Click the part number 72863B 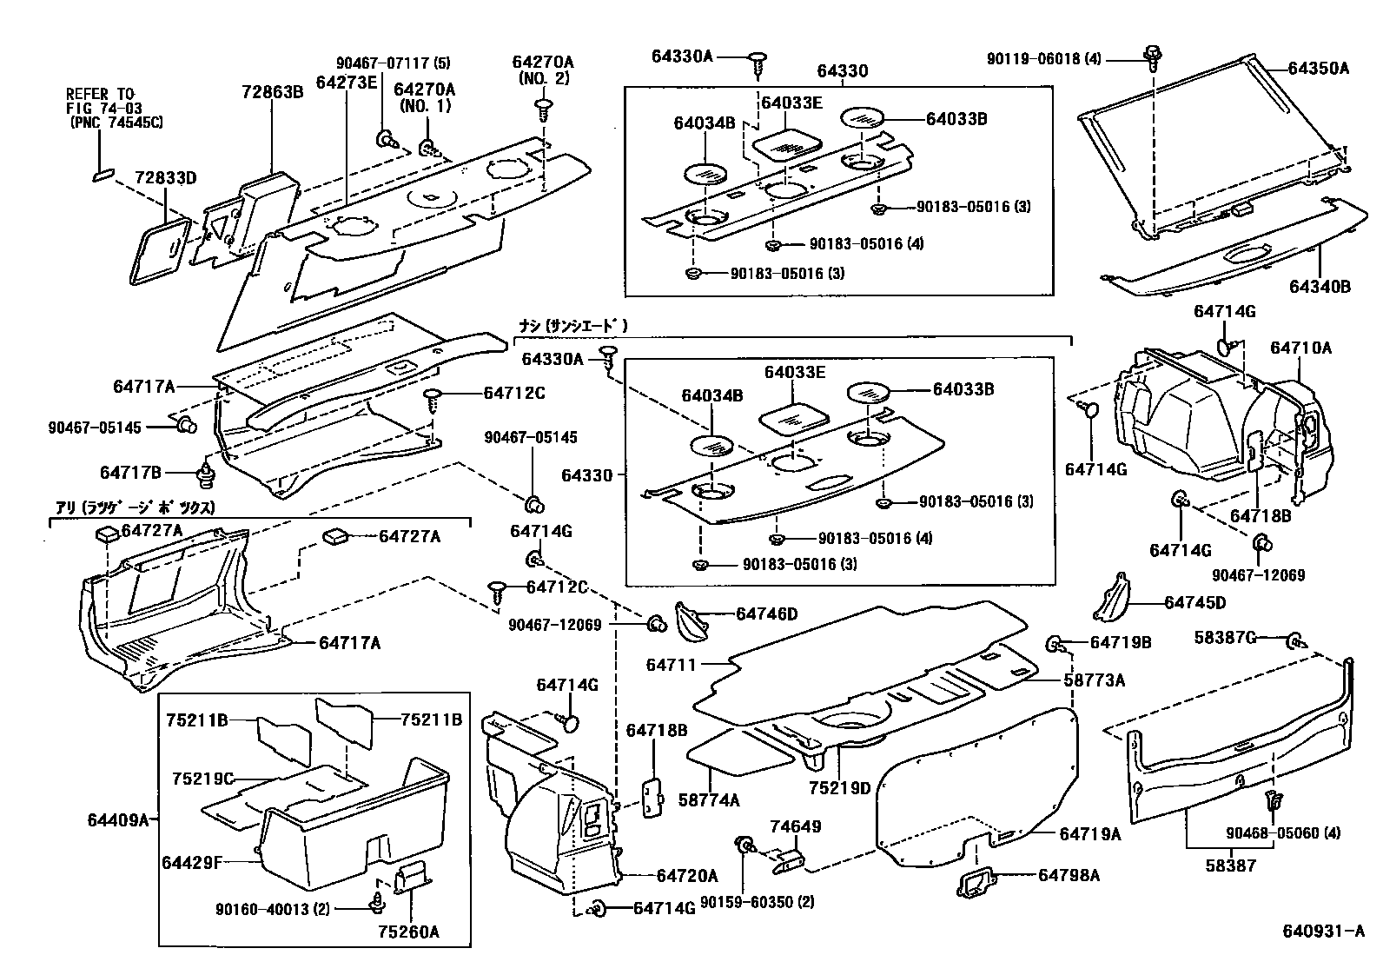tap(273, 90)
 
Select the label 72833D tap(165, 179)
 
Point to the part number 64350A tap(1318, 69)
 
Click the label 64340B tap(1320, 285)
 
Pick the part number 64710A tap(1300, 348)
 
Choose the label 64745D tap(1194, 603)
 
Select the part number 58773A tap(1094, 680)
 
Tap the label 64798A tap(1069, 875)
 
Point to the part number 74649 tap(795, 826)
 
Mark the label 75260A tap(408, 932)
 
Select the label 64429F tap(192, 862)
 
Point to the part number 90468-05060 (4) tap(1282, 832)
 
